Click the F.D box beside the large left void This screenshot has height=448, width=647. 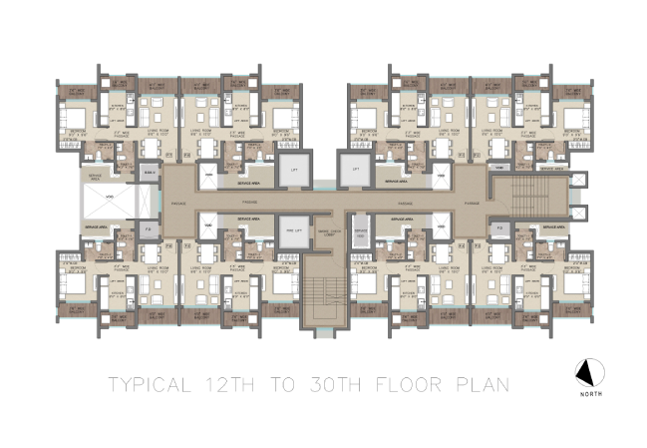(147, 229)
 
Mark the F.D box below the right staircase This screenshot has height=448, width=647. (500, 229)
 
